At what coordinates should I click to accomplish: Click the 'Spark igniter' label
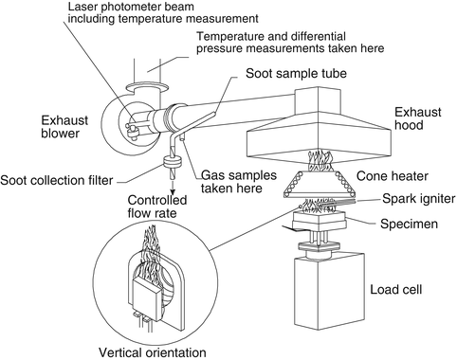click(398, 198)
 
